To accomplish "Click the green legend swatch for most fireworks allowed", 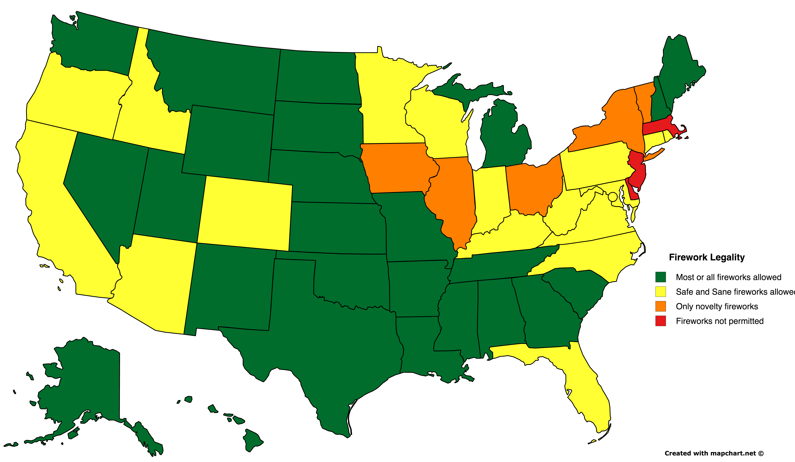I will pyautogui.click(x=661, y=277).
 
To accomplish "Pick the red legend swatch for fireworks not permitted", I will pyautogui.click(x=661, y=321).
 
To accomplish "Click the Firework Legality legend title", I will pyautogui.click(x=707, y=257).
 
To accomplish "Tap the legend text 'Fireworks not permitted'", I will pyautogui.click(x=720, y=321).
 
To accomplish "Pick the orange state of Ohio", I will pyautogui.click(x=533, y=188).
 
